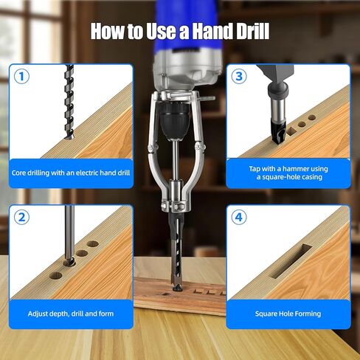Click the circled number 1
(21, 76)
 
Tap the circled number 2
(21, 217)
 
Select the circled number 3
(239, 76)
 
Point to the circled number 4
(239, 217)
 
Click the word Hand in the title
(212, 31)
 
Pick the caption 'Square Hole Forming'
(288, 314)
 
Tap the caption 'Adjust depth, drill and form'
(71, 314)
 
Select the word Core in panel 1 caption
(18, 173)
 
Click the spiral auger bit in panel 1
(69, 102)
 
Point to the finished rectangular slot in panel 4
(291, 261)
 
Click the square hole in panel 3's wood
(291, 131)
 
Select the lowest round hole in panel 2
(55, 275)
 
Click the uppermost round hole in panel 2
(93, 244)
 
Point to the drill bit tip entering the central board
(178, 287)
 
